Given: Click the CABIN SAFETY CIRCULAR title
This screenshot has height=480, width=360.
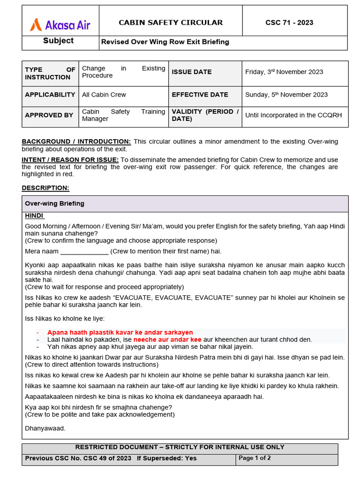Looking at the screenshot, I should coord(171,22).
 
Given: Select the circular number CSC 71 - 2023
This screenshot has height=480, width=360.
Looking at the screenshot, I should coord(289,22).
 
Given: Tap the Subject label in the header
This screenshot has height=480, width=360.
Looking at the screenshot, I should coord(58,41).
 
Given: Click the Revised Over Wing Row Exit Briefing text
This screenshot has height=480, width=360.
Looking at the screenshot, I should coord(165,42).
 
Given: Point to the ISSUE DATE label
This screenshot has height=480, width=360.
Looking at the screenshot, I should coord(192,72).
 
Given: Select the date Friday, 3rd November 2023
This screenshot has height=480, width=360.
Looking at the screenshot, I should coord(284,72).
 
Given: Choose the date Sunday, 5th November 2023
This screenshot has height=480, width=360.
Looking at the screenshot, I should coord(286,94).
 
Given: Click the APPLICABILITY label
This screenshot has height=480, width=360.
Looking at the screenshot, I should coord(50,94).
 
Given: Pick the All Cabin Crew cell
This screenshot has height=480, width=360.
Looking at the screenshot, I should coord(104,94).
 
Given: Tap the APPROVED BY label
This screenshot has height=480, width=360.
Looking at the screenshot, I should coord(49,115).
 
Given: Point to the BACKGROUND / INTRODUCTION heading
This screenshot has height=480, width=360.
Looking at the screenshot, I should coord(76,142).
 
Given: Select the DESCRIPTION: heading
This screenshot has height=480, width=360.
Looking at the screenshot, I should coord(45,188).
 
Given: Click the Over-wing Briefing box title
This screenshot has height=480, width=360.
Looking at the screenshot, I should coord(54,203).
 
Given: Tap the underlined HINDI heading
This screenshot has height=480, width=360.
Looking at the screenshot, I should coord(34,216).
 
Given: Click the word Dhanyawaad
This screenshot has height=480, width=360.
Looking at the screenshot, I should coord(45,428).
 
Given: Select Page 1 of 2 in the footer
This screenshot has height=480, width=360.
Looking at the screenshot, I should coord(255,458).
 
